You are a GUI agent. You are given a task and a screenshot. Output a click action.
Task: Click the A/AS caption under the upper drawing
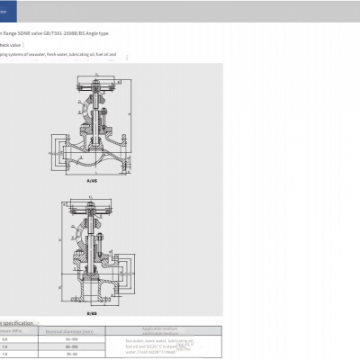[92, 180]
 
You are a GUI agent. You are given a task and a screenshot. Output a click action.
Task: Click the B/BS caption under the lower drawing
[92, 312]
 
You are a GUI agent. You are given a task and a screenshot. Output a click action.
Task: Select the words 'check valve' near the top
[10, 44]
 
